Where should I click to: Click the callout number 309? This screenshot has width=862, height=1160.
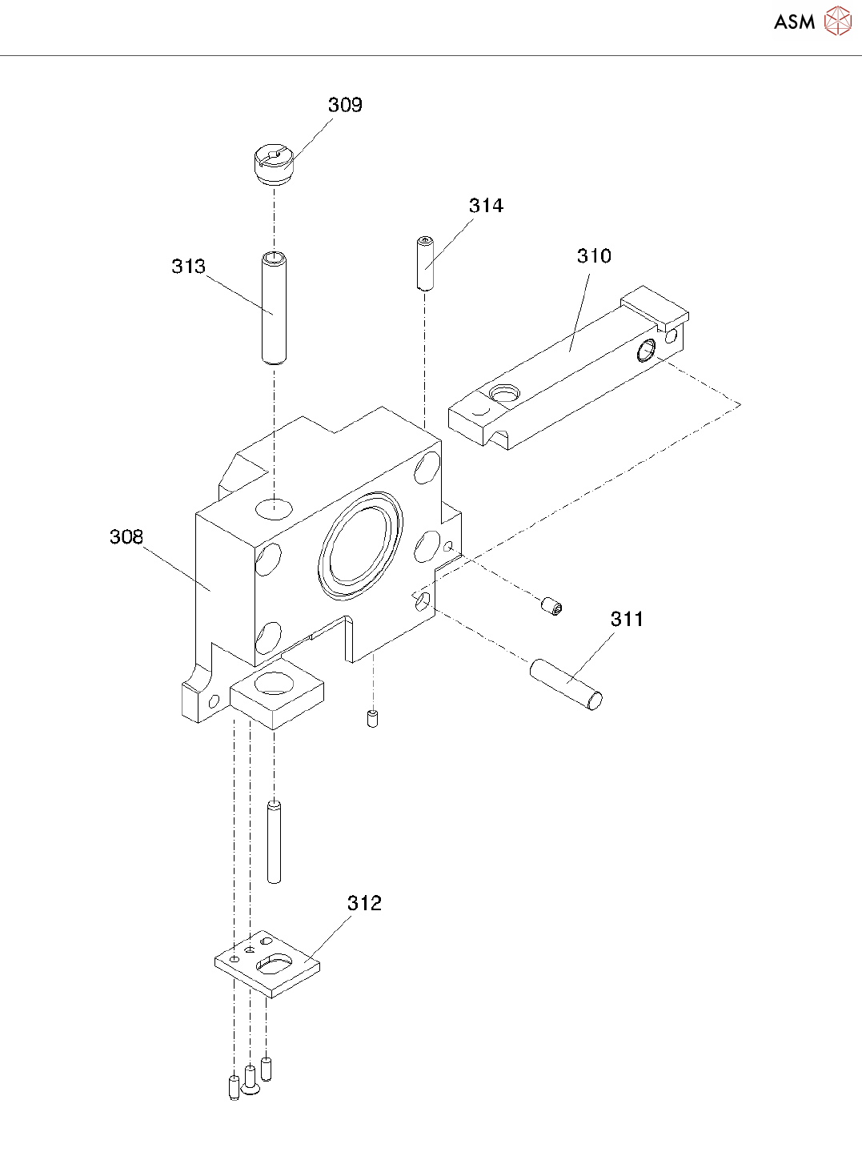pos(345,105)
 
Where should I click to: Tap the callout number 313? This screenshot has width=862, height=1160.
pos(188,267)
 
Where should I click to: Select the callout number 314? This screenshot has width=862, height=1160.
pos(486,206)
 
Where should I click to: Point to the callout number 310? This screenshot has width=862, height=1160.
pos(594,256)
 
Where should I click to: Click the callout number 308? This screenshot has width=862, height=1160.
pos(126,536)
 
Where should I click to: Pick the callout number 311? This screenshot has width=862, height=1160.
pos(627,619)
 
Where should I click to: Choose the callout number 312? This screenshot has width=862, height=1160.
pos(364,903)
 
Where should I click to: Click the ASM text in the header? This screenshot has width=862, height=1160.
pos(794,22)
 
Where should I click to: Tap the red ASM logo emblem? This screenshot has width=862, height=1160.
pos(838,21)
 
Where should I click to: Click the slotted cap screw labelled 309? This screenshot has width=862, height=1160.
pos(271,163)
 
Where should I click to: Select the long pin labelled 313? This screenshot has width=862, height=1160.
pos(274,308)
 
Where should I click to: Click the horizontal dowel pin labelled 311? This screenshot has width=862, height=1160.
pos(566,684)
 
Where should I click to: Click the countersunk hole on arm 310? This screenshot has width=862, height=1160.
pos(503,393)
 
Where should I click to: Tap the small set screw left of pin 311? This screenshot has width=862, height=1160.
pos(551,606)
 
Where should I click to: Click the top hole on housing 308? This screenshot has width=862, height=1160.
pos(274,507)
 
